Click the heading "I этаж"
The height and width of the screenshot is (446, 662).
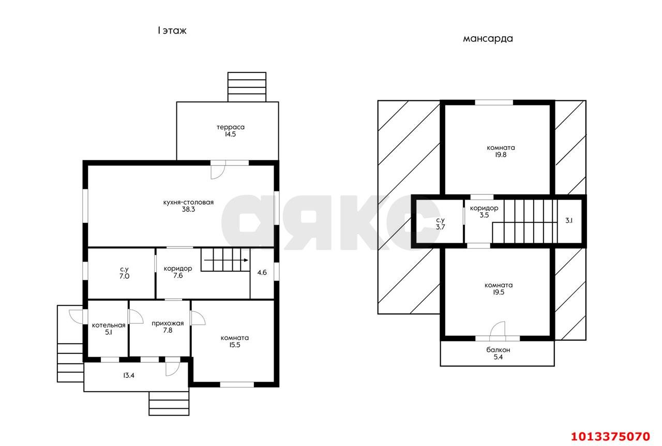(x=172, y=30)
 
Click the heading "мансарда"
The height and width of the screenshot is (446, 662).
(x=488, y=39)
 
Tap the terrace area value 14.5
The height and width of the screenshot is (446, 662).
(x=231, y=134)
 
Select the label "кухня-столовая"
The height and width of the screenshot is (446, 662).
(x=188, y=202)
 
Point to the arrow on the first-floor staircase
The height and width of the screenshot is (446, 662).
(x=226, y=260)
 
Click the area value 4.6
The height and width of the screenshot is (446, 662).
(x=262, y=272)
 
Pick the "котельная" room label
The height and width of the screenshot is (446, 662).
(x=109, y=325)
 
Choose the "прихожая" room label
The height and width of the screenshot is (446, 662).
(x=168, y=324)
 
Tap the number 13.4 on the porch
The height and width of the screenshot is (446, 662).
(x=129, y=375)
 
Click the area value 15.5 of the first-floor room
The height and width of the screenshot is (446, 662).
(x=235, y=345)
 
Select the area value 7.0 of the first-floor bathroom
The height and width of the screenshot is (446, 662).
(x=125, y=276)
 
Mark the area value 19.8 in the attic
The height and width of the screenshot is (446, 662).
(x=501, y=155)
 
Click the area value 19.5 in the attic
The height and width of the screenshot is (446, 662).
(x=499, y=293)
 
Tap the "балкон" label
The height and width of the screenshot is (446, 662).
(x=498, y=350)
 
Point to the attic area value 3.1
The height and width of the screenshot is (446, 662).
(x=569, y=220)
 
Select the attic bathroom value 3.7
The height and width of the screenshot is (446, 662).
(x=440, y=227)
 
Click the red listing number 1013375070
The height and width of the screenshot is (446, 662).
(x=611, y=437)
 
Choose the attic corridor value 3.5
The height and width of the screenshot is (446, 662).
(x=484, y=215)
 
